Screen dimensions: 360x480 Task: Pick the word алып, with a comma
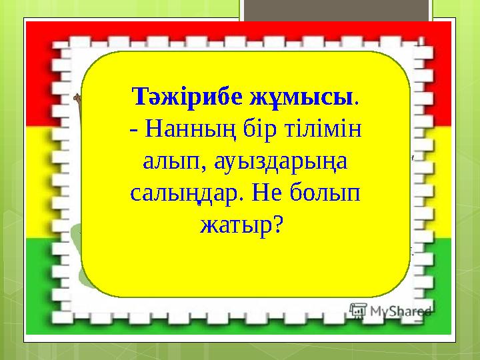(x=166, y=162)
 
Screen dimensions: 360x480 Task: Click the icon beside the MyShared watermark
(x=358, y=310)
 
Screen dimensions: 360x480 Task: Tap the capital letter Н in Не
(x=265, y=193)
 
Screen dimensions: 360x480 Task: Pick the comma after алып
(x=189, y=169)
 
